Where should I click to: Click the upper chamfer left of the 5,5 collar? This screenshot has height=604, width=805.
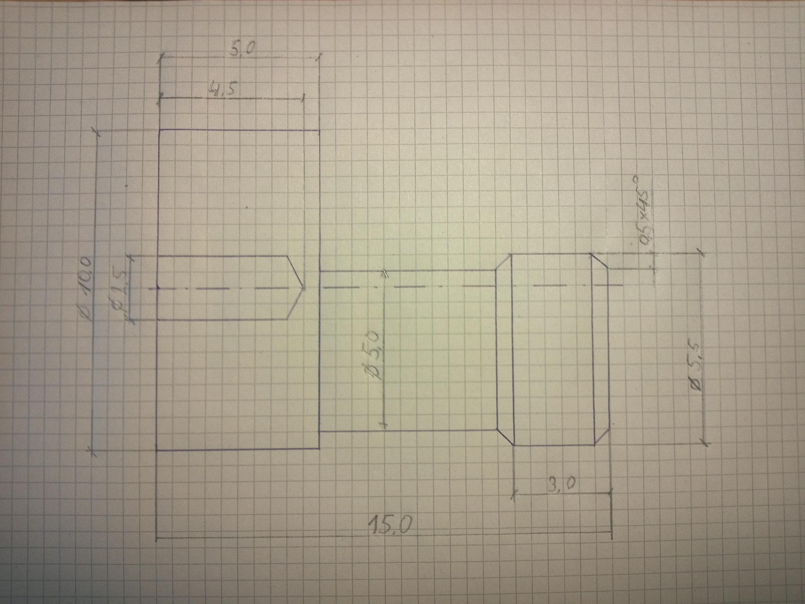pyautogui.click(x=504, y=262)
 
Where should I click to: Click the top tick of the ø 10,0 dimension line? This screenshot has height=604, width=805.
pyautogui.click(x=97, y=132)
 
